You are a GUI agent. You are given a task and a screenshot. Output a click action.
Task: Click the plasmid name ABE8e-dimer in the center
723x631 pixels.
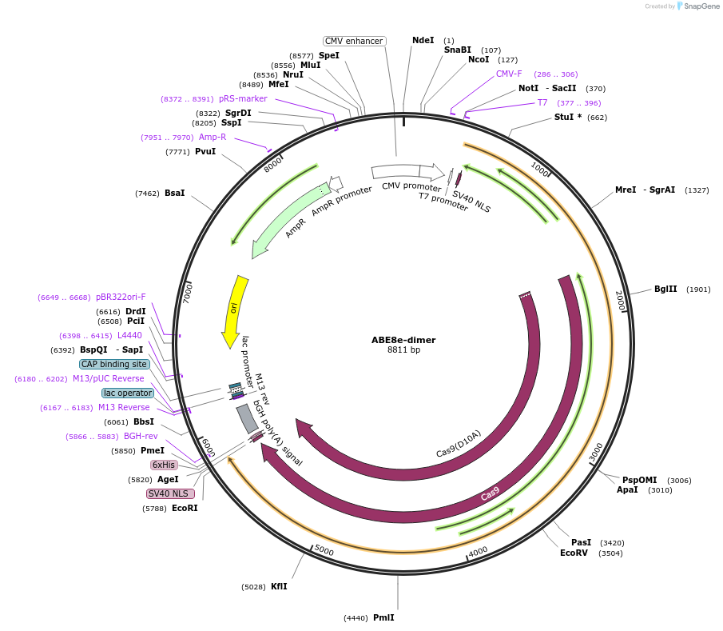pos(403,339)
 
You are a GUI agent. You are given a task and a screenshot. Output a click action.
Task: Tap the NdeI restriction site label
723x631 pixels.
pos(423,40)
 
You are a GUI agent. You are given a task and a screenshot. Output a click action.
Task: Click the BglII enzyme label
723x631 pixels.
pos(665,289)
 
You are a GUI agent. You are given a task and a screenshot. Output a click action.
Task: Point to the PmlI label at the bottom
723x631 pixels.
pos(383,617)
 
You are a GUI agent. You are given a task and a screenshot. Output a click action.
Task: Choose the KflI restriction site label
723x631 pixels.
pos(279,586)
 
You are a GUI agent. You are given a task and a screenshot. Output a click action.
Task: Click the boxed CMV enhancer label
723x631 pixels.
pos(354,41)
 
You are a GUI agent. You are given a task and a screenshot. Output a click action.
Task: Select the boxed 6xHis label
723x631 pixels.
pos(164,465)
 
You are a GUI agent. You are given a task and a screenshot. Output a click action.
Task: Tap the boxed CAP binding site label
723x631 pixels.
pos(114,364)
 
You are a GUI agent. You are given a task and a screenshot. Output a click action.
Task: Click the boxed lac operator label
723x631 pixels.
pos(128,393)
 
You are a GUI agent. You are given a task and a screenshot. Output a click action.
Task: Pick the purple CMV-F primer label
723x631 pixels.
pos(509,74)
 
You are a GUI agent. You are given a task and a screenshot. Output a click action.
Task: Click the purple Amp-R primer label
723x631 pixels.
pos(213,137)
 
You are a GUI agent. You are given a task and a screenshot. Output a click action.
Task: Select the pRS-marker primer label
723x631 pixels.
pos(243,98)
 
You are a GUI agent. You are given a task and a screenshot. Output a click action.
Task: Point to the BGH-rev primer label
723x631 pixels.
pos(141,436)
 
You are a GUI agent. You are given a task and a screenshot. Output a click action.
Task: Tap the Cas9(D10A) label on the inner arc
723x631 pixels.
pos(459,445)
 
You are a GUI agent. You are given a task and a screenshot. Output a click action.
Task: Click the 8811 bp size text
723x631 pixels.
pos(403,350)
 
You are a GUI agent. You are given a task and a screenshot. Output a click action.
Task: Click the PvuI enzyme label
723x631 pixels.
pos(205,151)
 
